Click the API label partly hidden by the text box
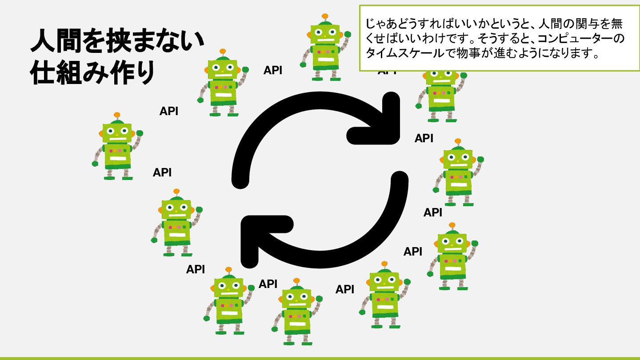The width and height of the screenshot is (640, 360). [x=387, y=72]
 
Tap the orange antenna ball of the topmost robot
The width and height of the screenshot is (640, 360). [x=325, y=16]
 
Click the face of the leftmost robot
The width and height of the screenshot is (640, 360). [x=117, y=132]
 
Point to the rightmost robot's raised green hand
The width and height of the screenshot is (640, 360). [x=480, y=159]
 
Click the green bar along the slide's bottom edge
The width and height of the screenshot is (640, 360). [x=320, y=358]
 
